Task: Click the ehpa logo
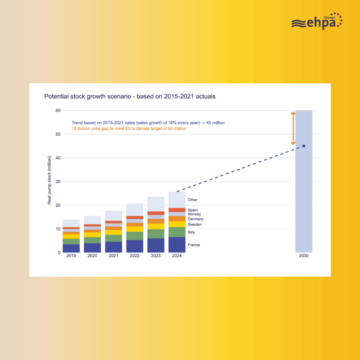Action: pos(317,22)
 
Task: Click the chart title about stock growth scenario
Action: pos(130,96)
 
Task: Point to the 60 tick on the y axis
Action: pos(58,110)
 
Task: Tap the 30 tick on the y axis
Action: pos(58,182)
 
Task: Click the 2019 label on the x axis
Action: pos(71,256)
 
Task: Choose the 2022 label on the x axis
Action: pos(135,256)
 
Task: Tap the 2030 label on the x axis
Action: pos(303,256)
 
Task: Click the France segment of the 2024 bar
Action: pos(177,245)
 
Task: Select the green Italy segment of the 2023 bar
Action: pos(156,234)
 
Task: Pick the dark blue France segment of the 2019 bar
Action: pos(71,248)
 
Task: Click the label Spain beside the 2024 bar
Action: pos(193,210)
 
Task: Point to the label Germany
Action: pos(196,219)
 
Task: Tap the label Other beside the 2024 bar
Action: pos(193,200)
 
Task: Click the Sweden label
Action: pos(195,225)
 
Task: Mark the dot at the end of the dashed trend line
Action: pos(304,146)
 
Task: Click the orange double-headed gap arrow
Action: pos(293,128)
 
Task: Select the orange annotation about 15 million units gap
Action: pos(129,129)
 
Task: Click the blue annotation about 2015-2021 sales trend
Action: pos(148,123)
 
